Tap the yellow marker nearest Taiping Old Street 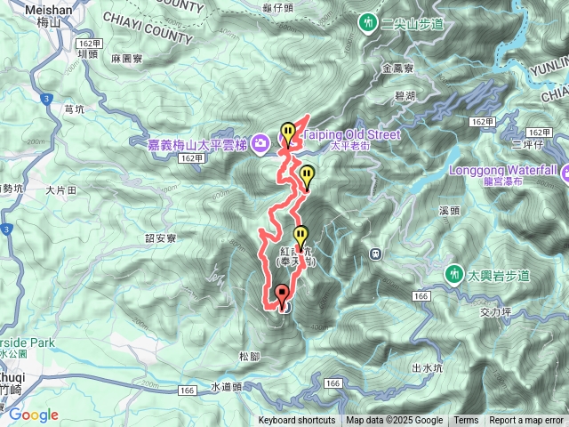[287, 133]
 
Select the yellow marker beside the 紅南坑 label [301, 238]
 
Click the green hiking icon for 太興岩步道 [455, 272]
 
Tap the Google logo [33, 415]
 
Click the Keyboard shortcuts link [297, 421]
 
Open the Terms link [466, 421]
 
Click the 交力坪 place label [493, 311]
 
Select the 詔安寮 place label [161, 238]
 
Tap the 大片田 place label [61, 189]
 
